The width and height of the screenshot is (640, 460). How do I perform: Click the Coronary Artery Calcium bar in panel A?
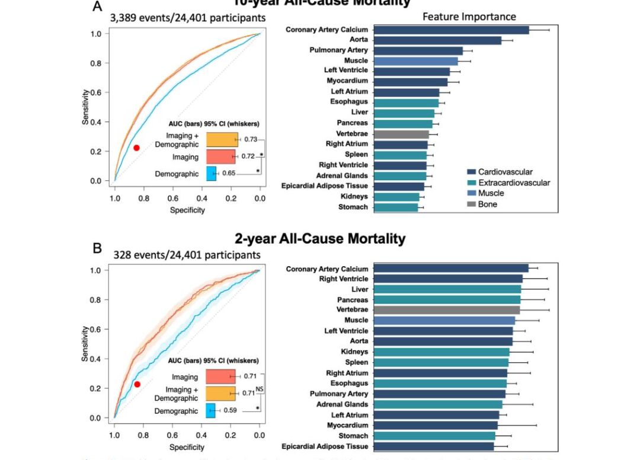pos(451,30)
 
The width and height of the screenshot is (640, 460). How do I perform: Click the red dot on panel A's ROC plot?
pos(136,148)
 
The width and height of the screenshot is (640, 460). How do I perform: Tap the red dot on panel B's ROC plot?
pos(137,384)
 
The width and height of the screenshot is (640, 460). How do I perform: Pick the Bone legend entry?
pos(488,204)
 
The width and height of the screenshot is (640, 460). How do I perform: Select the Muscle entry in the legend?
pos(491,193)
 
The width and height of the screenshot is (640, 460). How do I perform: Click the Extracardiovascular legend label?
pos(514,183)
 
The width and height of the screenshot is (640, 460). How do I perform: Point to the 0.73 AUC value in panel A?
pos(250,139)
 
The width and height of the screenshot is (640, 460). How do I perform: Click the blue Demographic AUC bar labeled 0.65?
pos(211,173)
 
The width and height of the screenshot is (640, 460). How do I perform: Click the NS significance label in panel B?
pos(260,389)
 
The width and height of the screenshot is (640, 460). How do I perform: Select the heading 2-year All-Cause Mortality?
pos(320,239)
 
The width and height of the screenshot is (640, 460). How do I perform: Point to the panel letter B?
pos(98,248)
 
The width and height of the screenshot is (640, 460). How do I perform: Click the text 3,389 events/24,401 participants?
pos(187,18)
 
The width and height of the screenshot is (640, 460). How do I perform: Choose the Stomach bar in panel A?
pos(395,207)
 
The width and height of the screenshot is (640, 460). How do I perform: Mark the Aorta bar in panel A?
pos(437,40)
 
